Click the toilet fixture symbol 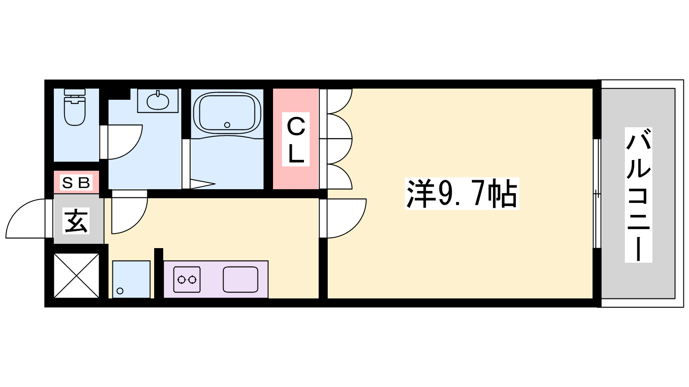pyautogui.click(x=75, y=107)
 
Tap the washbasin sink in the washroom pyautogui.click(x=158, y=101)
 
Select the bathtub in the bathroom pyautogui.click(x=227, y=114)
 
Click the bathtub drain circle pyautogui.click(x=227, y=125)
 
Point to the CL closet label pyautogui.click(x=296, y=139)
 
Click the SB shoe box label pyautogui.click(x=76, y=183)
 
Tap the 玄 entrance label pyautogui.click(x=76, y=221)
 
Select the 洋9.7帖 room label pyautogui.click(x=462, y=193)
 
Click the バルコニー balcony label pyautogui.click(x=639, y=195)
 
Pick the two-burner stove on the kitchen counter pyautogui.click(x=187, y=279)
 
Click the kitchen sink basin pyautogui.click(x=241, y=279)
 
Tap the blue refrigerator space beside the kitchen pyautogui.click(x=131, y=279)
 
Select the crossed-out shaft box pyautogui.click(x=77, y=276)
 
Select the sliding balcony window pyautogui.click(x=597, y=193)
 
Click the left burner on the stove pyautogui.click(x=181, y=280)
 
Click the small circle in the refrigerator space pyautogui.click(x=120, y=291)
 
